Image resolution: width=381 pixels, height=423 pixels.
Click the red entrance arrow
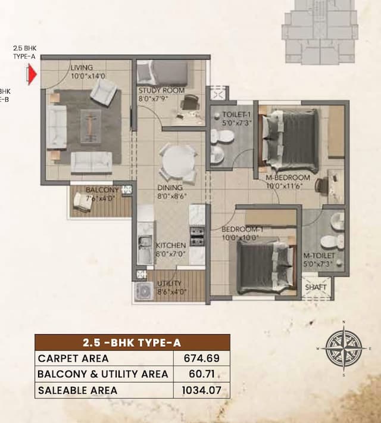(33, 74)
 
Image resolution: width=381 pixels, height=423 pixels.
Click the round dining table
(177, 161)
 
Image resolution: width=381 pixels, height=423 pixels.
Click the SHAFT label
(316, 287)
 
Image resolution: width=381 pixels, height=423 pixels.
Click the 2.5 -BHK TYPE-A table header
(132, 342)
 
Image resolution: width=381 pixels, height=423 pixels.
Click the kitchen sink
(144, 243)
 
